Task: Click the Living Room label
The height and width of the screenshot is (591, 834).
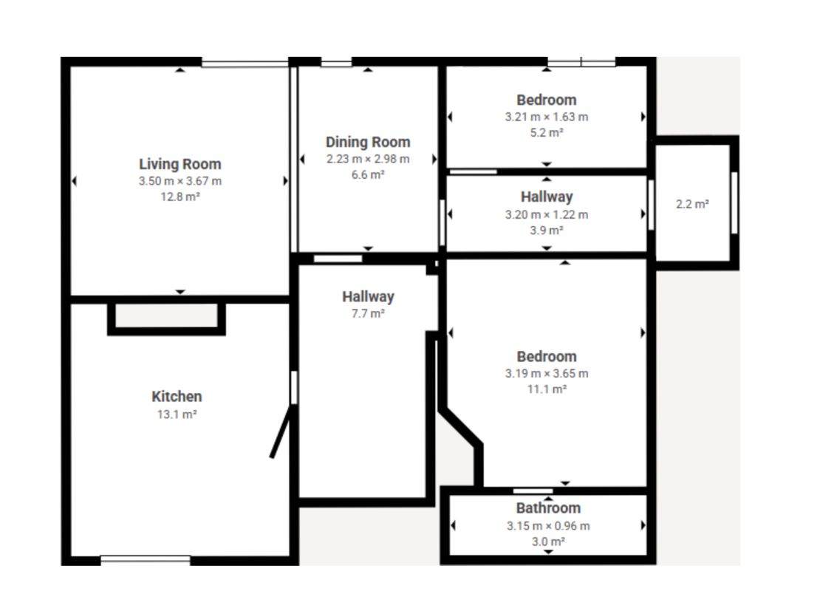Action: click(x=180, y=165)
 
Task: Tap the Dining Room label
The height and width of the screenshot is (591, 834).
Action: click(x=368, y=143)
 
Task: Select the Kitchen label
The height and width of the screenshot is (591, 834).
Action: click(x=177, y=396)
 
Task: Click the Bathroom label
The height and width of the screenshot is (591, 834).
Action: click(x=548, y=508)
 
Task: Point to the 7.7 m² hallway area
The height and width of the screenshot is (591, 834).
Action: click(x=368, y=314)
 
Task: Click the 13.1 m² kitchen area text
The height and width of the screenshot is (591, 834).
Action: click(x=177, y=414)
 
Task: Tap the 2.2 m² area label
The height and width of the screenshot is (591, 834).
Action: click(x=692, y=205)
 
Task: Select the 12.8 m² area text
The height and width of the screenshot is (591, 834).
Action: click(x=180, y=197)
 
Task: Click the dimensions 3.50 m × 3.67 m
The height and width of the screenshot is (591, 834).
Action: click(x=180, y=181)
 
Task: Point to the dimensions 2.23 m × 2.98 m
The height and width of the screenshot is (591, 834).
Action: click(x=368, y=159)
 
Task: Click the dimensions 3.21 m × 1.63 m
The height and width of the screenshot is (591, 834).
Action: click(x=547, y=117)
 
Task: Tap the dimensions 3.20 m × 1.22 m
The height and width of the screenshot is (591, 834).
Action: click(x=547, y=215)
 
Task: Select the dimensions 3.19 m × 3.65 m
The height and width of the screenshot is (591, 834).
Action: click(x=547, y=373)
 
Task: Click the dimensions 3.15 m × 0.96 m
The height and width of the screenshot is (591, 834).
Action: click(x=548, y=526)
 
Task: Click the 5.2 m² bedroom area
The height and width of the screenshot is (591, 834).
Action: click(x=547, y=133)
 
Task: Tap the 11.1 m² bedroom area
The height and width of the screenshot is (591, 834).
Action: click(x=547, y=389)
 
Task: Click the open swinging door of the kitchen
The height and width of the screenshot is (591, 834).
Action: click(x=280, y=431)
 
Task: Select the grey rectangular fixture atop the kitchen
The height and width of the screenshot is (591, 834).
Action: click(x=166, y=316)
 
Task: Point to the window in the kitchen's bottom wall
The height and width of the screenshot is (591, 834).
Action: click(x=146, y=560)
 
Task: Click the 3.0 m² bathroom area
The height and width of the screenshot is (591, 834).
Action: click(x=548, y=542)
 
